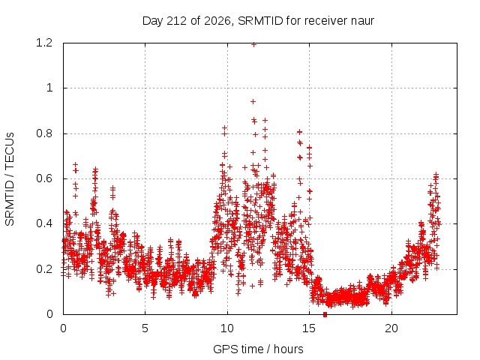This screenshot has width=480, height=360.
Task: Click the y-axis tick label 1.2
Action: point(44,43)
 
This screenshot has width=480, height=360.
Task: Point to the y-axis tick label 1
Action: point(49,88)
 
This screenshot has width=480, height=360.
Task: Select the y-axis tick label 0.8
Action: point(44,133)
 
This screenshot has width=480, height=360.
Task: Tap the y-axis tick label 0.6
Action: point(44,178)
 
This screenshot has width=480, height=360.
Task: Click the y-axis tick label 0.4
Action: point(44,223)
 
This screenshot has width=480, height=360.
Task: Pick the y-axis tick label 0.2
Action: point(44,269)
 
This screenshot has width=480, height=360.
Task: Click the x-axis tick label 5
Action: point(145,328)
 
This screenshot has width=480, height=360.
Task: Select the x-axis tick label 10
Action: point(227,328)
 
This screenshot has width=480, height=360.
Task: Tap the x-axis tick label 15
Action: point(309,328)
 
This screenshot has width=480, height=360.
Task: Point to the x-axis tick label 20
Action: point(391,328)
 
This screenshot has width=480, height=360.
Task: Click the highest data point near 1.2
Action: point(253,45)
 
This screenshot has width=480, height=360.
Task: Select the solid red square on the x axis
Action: point(325,314)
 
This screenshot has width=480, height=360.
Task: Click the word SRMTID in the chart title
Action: point(260,21)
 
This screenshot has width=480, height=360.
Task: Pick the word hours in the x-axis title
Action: point(288,349)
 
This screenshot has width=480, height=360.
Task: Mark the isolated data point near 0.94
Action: point(253,102)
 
